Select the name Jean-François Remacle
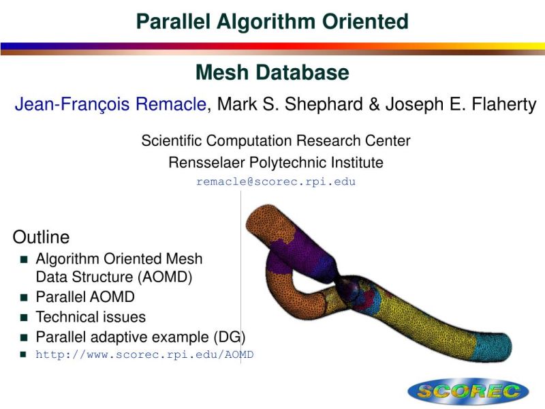(110, 105)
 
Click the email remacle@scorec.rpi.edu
(276, 182)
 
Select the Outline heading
(41, 237)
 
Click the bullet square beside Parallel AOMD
(24, 297)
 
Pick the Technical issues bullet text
(91, 316)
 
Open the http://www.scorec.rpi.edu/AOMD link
(144, 354)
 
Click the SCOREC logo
(467, 391)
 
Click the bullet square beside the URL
(24, 354)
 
